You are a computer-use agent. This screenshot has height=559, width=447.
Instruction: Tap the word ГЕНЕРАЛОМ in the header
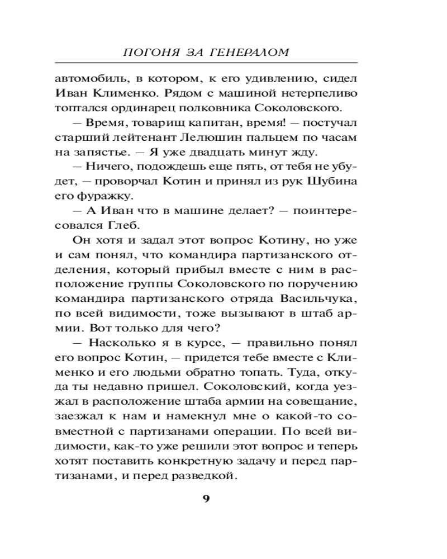(x=257, y=53)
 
